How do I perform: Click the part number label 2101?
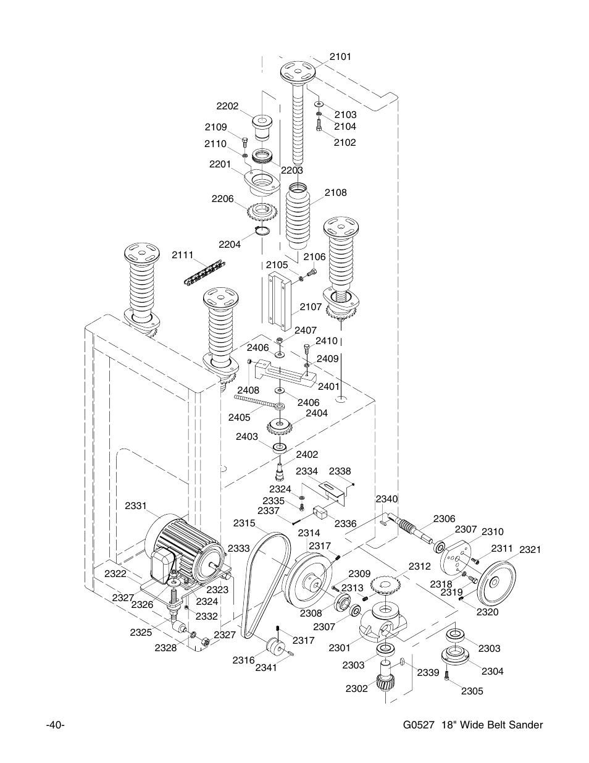pyautogui.click(x=340, y=57)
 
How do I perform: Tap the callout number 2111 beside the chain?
pyautogui.click(x=183, y=255)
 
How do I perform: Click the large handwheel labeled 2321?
pyautogui.click(x=496, y=581)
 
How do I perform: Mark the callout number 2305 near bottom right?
pyautogui.click(x=472, y=691)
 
